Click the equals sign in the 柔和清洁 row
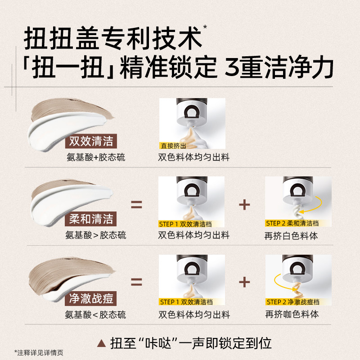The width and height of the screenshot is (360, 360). point(136,205)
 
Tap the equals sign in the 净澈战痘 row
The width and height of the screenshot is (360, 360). point(136,283)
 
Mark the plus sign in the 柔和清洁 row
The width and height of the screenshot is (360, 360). point(244,205)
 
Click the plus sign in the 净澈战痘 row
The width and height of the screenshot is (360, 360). point(244,283)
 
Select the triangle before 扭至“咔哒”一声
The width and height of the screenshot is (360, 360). point(101,343)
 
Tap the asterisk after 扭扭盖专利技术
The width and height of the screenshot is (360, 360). point(205,28)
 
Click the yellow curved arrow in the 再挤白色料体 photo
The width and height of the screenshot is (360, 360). point(313,207)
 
